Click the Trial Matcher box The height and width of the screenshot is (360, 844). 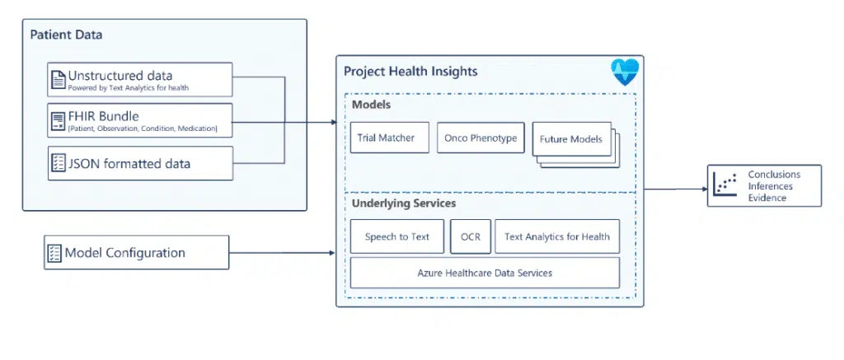point(390,138)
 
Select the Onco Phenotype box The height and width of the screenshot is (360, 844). point(481,138)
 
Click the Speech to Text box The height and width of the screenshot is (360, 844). point(397,236)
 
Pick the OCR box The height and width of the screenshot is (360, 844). point(471,236)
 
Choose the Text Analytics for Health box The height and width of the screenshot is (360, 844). point(557,236)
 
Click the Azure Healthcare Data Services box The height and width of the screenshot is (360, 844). point(485,273)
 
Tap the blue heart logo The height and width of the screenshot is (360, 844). point(625,72)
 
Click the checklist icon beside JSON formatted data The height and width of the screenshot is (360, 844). point(59,163)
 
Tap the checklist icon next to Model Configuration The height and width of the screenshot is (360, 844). point(54,252)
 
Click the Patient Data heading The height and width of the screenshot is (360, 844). point(66,35)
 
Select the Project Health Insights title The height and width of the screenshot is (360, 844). point(410,72)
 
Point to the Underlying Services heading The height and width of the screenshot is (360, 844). point(404,203)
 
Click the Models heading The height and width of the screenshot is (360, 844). point(372,105)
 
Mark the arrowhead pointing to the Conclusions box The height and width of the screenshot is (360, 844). point(704,189)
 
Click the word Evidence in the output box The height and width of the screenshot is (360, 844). point(767,198)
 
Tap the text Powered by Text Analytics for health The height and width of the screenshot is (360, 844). point(128,87)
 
